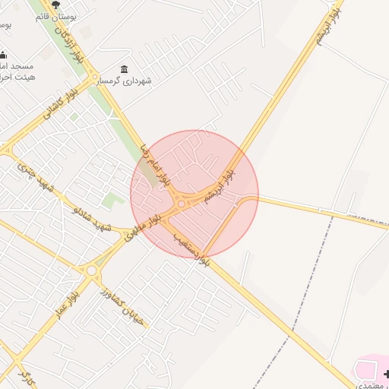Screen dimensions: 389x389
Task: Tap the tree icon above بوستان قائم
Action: (x=55, y=5)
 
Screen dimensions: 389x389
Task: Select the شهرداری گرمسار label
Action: (x=150, y=81)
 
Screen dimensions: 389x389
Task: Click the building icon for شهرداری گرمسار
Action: (x=125, y=69)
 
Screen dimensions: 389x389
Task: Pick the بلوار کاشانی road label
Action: (x=43, y=112)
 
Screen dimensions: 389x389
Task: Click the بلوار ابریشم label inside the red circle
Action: (x=226, y=183)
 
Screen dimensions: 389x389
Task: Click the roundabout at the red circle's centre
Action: (x=182, y=203)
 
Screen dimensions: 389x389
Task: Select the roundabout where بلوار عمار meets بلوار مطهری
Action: (x=92, y=270)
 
